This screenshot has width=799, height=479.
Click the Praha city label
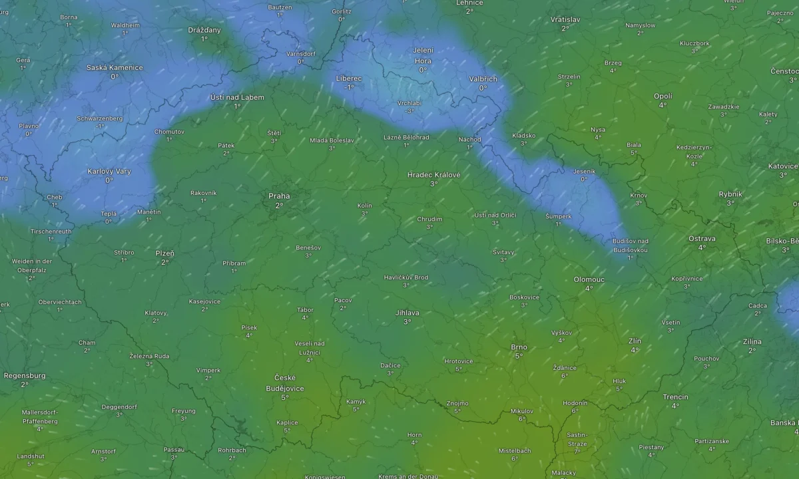pos(279,196)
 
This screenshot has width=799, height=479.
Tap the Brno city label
pos(519,347)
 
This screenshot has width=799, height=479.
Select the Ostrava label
pos(702,238)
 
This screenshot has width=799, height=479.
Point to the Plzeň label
pos(164,253)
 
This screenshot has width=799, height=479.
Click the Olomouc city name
pos(589,279)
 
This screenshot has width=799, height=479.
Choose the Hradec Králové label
pos(433,175)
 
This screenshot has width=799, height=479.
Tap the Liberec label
pos(349,79)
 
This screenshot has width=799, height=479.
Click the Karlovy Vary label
pos(109,172)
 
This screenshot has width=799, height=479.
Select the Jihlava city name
pos(407,313)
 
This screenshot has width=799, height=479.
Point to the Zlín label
pos(635,341)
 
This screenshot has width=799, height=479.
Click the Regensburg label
pos(25,376)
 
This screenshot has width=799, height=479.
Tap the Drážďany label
pos(204,30)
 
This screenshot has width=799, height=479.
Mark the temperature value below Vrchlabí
pos(409,111)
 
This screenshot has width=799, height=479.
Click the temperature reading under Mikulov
pos(521,419)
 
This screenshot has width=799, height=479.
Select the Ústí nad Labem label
pos(237,97)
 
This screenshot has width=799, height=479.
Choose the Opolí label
pos(663,96)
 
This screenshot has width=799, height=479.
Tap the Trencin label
pos(675,397)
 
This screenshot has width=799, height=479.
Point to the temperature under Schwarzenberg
pos(99,126)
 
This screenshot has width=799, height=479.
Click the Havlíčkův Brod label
pos(406,277)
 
